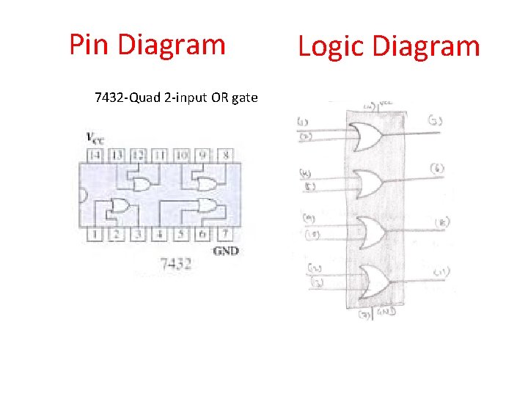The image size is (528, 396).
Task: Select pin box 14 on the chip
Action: click(94, 155)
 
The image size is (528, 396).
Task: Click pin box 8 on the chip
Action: click(225, 155)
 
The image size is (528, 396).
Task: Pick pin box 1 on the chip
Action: click(94, 234)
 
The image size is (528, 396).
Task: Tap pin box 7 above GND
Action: click(225, 234)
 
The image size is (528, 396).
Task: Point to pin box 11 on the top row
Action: click(160, 155)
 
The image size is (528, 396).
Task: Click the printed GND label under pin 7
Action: click(225, 251)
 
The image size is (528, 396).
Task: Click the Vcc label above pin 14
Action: click(93, 137)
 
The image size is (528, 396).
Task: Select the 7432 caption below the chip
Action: click(176, 263)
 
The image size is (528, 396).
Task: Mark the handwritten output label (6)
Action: click(439, 169)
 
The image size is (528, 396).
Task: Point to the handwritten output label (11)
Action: click(441, 272)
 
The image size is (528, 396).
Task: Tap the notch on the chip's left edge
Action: click(83, 195)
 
